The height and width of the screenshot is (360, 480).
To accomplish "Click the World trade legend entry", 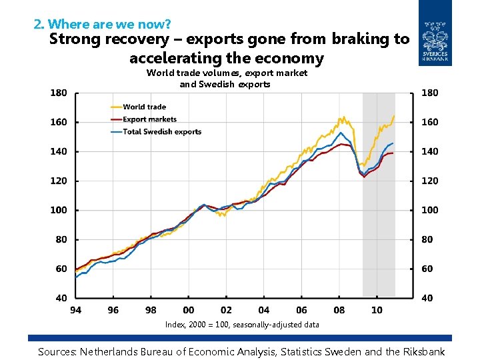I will click(x=144, y=107).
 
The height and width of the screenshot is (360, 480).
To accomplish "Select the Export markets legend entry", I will click(x=149, y=119).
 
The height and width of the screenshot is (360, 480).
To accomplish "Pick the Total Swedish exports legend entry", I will click(x=162, y=132).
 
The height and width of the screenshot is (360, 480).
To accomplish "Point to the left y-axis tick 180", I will click(x=59, y=93).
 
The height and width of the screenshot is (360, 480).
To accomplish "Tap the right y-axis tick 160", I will click(x=430, y=122).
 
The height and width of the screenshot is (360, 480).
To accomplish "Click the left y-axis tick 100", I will click(x=59, y=210).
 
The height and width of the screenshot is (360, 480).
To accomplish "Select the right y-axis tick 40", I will click(x=427, y=298).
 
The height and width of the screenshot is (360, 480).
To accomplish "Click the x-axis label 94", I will click(x=76, y=310).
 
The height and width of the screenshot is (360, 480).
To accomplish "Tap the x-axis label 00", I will click(x=189, y=310).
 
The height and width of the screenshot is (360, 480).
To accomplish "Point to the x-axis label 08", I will click(x=339, y=310).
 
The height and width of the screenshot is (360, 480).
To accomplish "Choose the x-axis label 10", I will click(x=376, y=310).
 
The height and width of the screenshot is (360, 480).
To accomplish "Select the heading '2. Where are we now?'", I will click(x=93, y=25).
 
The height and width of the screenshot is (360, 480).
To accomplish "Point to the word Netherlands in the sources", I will click(x=114, y=351).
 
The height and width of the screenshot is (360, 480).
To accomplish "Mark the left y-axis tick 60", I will click(x=61, y=269).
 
